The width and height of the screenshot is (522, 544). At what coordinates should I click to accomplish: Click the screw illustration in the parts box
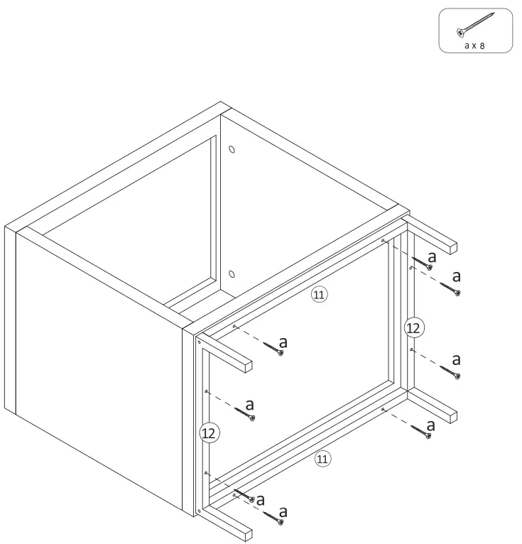click(475, 24)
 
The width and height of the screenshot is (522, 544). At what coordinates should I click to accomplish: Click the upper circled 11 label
click(320, 295)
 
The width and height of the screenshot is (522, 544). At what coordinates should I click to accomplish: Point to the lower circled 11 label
click(322, 459)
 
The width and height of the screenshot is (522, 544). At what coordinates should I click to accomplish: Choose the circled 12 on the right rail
click(413, 327)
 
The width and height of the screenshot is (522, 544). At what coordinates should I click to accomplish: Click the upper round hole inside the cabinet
click(232, 151)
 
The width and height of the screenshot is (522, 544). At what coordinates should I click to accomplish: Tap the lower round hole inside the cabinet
click(232, 274)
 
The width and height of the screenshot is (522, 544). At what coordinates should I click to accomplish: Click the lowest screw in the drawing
click(273, 518)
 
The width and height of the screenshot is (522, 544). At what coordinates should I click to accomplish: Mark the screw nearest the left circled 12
click(246, 414)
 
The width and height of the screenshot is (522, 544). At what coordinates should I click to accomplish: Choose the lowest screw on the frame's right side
click(420, 430)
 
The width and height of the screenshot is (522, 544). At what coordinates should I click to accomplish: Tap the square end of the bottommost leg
click(246, 533)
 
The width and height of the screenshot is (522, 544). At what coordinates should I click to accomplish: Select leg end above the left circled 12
click(246, 366)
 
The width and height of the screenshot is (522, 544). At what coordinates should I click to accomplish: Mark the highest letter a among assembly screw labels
click(432, 257)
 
